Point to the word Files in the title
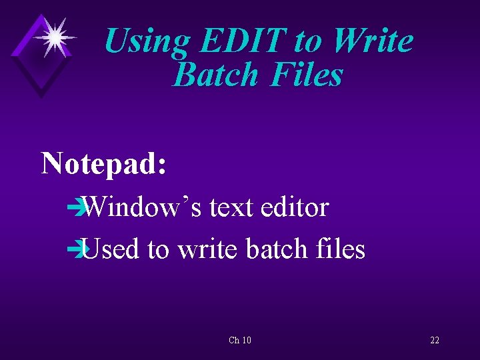[306, 75]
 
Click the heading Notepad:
[104, 163]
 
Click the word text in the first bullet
[231, 207]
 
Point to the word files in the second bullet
[340, 249]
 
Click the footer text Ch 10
[240, 340]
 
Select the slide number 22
[435, 340]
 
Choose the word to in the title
[307, 42]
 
